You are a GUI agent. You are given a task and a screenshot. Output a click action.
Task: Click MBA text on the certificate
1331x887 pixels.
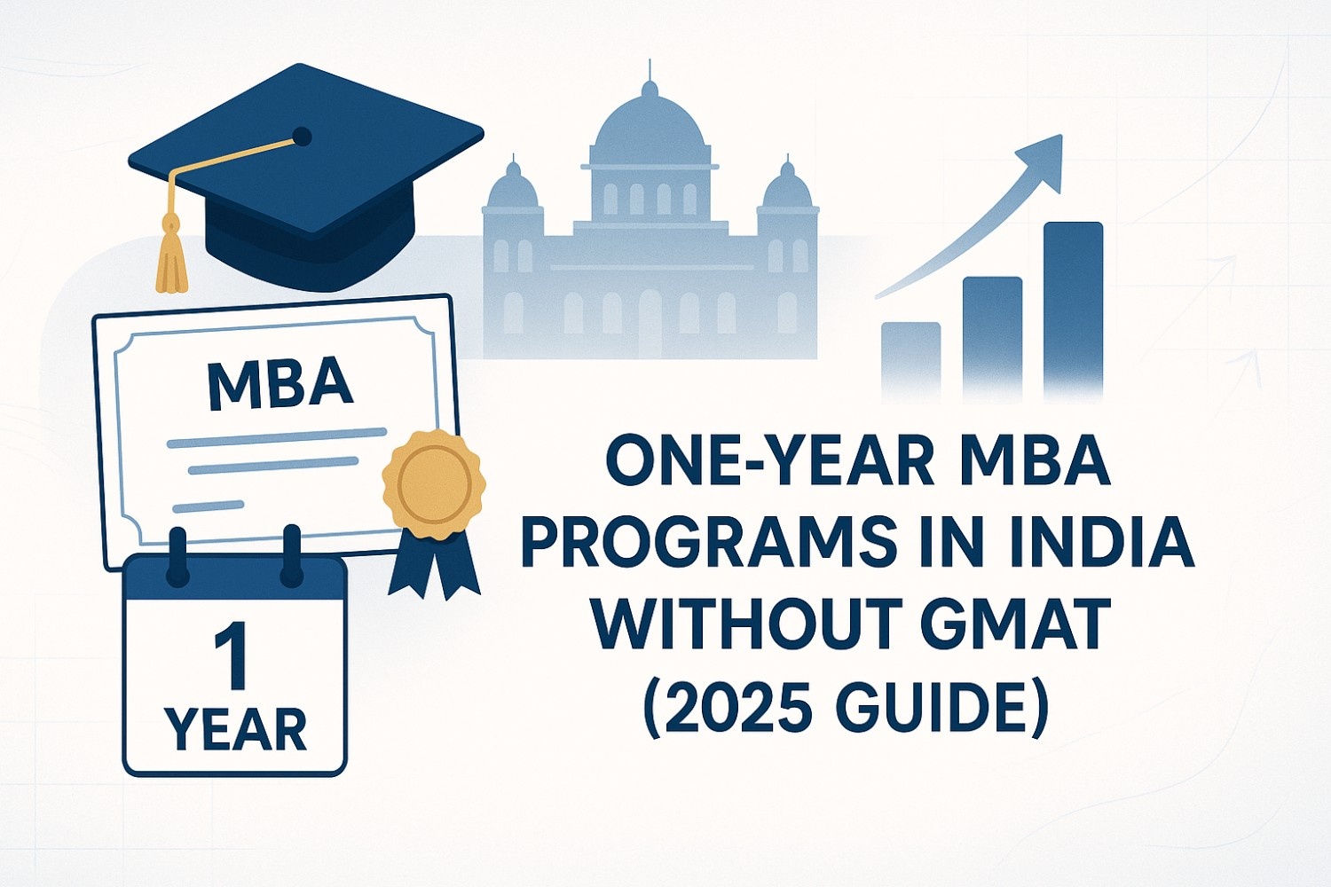coord(280,385)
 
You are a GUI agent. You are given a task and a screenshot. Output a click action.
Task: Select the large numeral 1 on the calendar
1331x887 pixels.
coord(232,655)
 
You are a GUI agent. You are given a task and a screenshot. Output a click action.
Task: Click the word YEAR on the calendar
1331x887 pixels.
coord(235,730)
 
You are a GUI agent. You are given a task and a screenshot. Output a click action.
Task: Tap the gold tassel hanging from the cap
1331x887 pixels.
coord(170,257)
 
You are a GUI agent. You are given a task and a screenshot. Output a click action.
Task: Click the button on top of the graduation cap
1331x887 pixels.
coord(302,137)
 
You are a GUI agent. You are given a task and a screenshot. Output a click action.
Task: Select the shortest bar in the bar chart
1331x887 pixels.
coord(910,359)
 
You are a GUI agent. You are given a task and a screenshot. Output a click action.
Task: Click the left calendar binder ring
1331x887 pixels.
coord(177,557)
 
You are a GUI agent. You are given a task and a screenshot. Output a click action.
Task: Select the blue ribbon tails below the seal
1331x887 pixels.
coord(434,564)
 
